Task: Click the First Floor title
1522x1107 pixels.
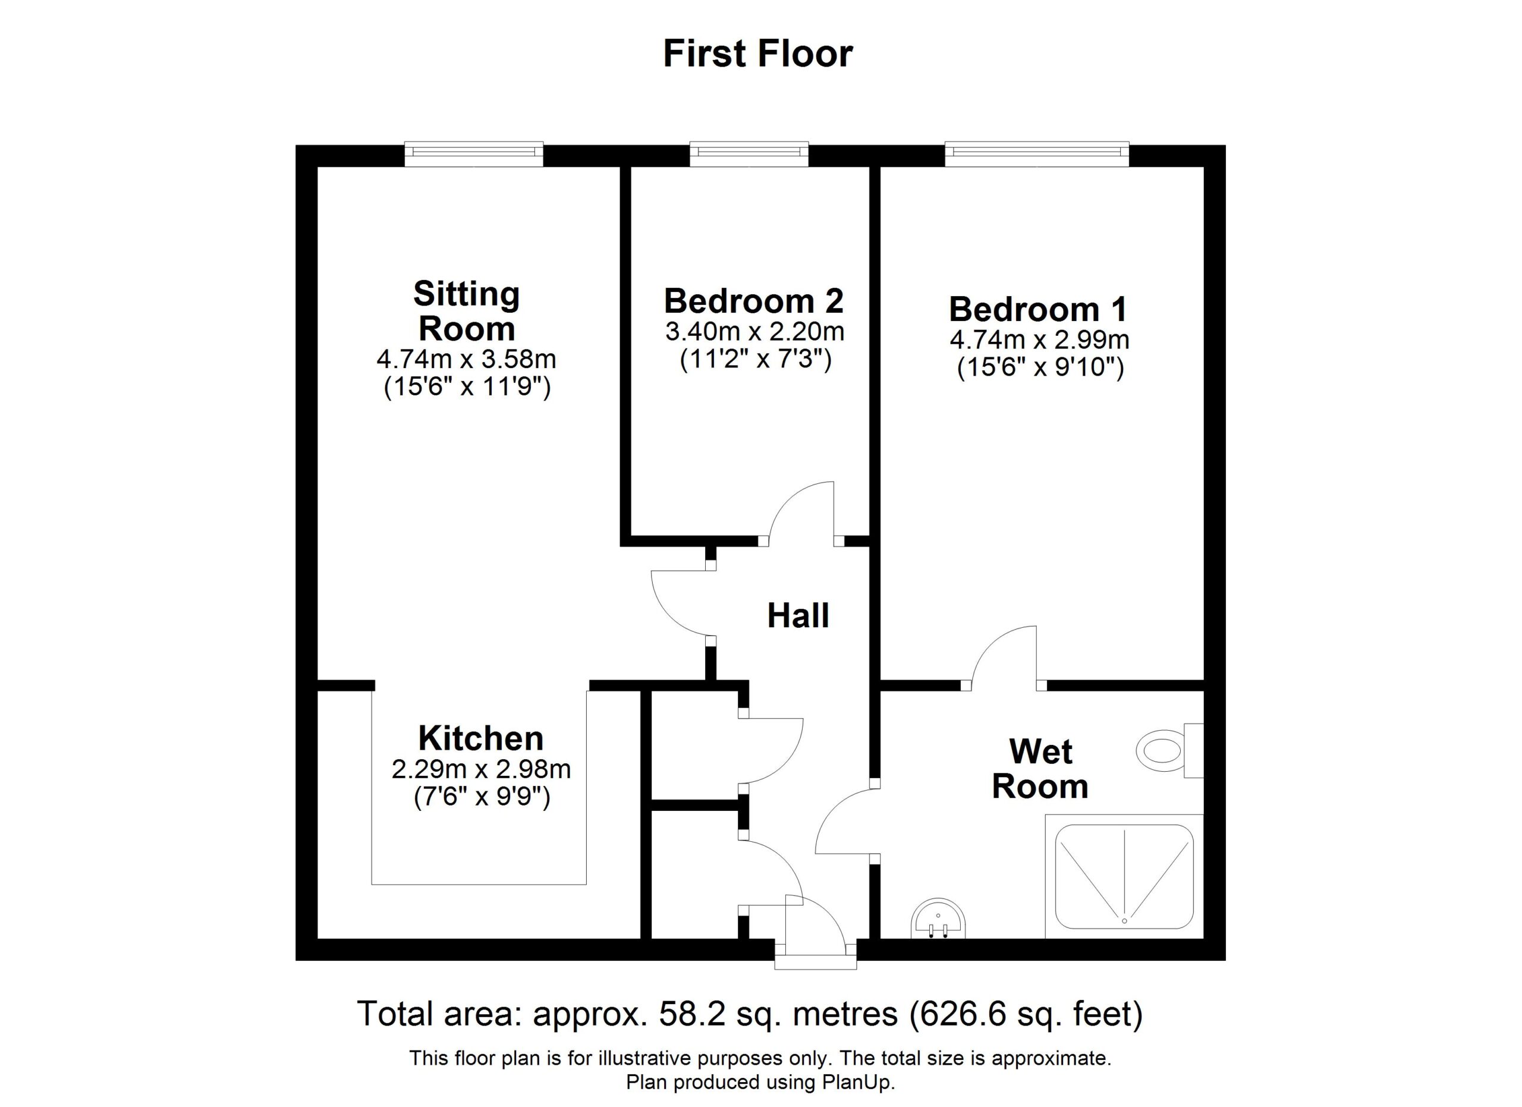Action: [x=757, y=54]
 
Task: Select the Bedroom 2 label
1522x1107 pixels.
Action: [x=754, y=301]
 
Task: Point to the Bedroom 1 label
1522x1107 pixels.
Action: [x=1038, y=309]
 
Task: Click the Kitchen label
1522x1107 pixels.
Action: [x=480, y=738]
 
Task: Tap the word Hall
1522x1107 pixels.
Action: [x=798, y=615]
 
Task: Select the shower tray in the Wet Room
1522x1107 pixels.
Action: [x=1124, y=876]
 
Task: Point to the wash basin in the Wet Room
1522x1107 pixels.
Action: [x=938, y=919]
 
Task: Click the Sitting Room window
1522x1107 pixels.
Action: [x=474, y=153]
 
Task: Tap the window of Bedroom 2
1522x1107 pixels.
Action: [x=749, y=153]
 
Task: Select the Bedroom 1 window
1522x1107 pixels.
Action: [x=1037, y=153]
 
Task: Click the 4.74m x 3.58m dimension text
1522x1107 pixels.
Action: [x=466, y=360]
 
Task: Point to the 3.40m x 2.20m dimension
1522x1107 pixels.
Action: [x=755, y=331]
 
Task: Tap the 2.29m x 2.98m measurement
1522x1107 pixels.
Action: [x=481, y=769]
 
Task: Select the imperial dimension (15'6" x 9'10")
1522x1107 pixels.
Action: [x=1040, y=367]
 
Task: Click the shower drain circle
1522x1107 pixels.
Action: [x=1125, y=921]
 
